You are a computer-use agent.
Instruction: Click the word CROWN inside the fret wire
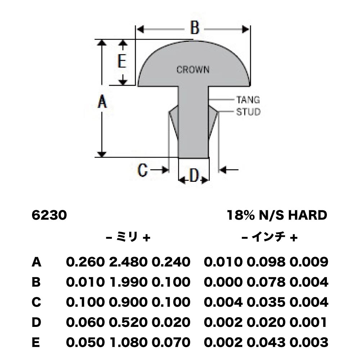tap(193, 69)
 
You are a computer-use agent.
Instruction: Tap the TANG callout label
tap(248, 100)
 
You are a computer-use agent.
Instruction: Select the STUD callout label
tap(248, 112)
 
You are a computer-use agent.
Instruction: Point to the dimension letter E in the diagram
tap(122, 61)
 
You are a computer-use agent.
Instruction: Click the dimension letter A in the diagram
tap(102, 102)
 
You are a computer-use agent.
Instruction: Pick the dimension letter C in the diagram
tap(142, 170)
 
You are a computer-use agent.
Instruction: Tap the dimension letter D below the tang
tap(194, 176)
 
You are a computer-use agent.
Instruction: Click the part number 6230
tap(49, 215)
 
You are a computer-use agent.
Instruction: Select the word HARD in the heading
tap(308, 215)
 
